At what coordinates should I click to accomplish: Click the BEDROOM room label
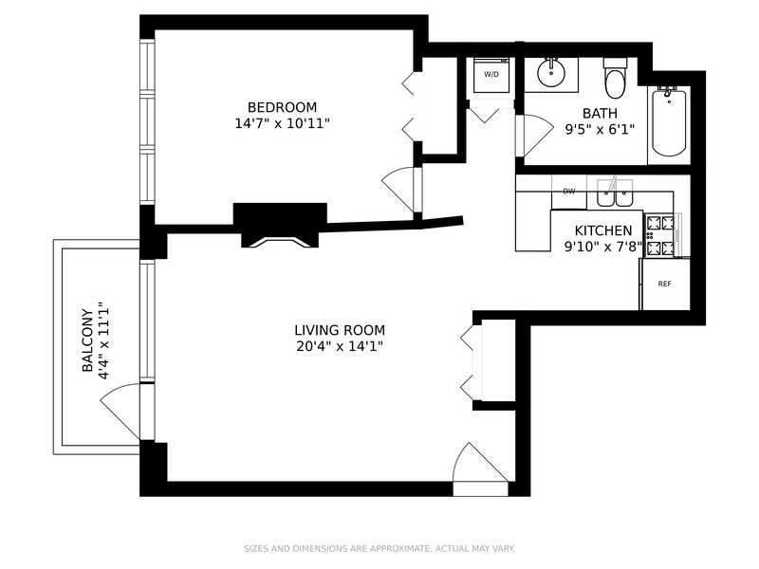pyautogui.click(x=282, y=107)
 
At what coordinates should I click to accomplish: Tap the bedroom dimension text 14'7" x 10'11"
pyautogui.click(x=282, y=123)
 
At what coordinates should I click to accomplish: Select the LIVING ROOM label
pyautogui.click(x=340, y=330)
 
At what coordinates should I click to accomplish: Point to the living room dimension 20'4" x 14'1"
pyautogui.click(x=340, y=346)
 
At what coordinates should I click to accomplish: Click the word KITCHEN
pyautogui.click(x=604, y=230)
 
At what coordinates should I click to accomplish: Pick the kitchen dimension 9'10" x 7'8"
pyautogui.click(x=604, y=247)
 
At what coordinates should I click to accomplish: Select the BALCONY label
pyautogui.click(x=87, y=340)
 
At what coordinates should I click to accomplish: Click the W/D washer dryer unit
pyautogui.click(x=491, y=75)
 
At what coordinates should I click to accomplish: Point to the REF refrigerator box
pyautogui.click(x=665, y=284)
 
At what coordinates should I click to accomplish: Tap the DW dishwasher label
pyautogui.click(x=569, y=192)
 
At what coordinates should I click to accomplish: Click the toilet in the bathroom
pyautogui.click(x=616, y=79)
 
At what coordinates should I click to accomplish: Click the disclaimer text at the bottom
pyautogui.click(x=379, y=548)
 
